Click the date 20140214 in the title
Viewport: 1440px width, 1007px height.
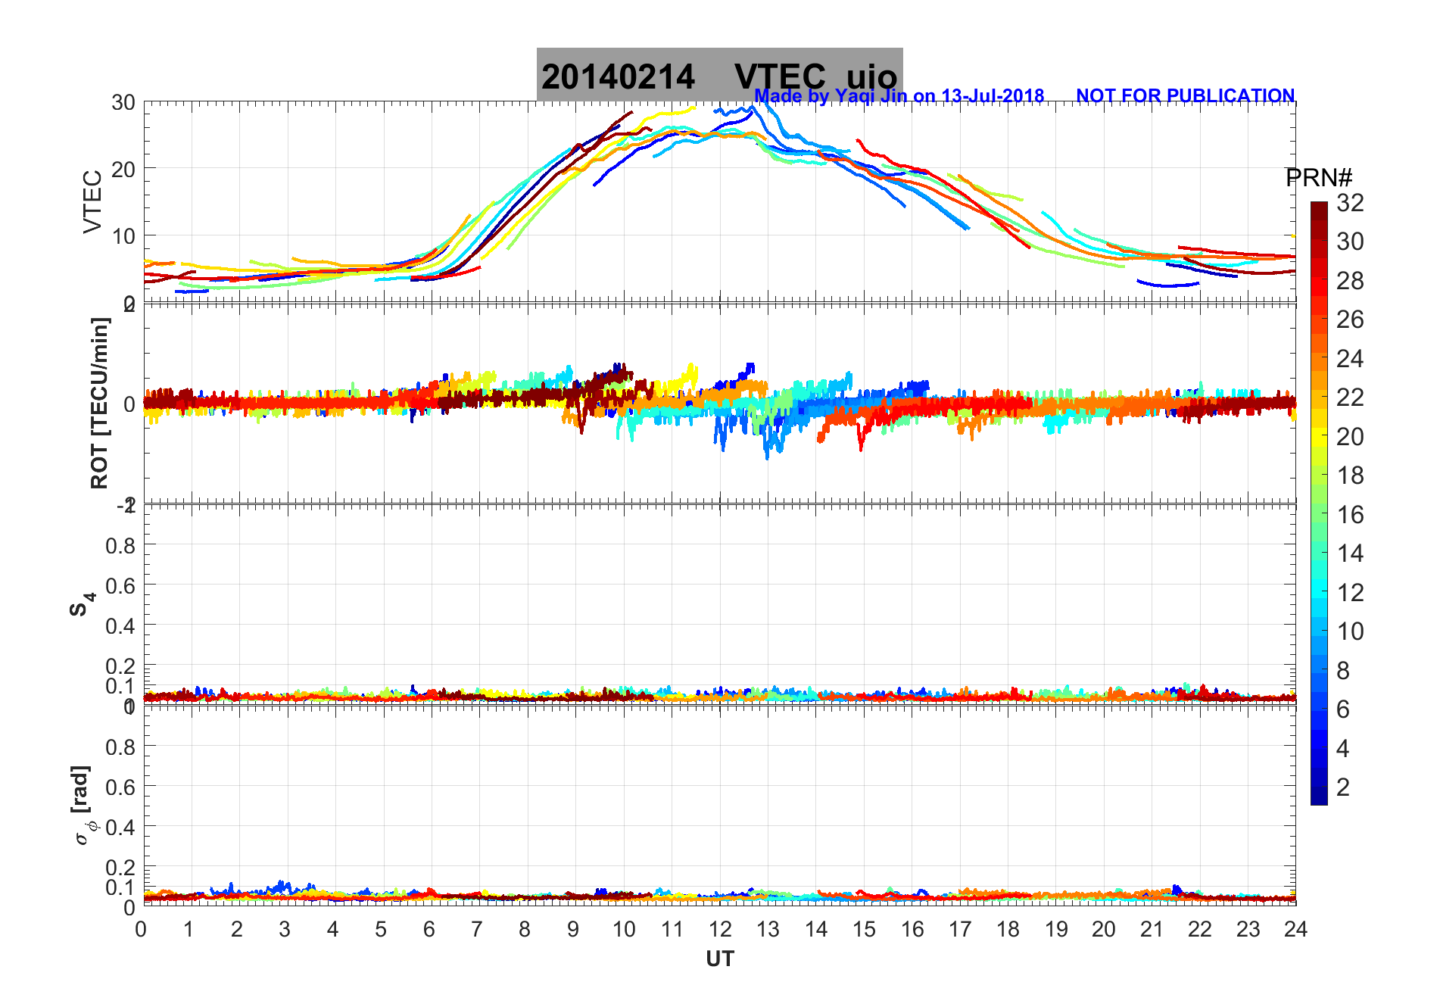click(618, 77)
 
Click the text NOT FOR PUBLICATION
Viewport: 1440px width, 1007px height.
click(1185, 96)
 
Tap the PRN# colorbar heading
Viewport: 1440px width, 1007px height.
click(1319, 178)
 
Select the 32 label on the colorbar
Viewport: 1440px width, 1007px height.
click(1350, 203)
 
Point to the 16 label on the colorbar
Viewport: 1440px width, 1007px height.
click(1350, 515)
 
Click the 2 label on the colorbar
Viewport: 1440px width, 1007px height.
click(1343, 787)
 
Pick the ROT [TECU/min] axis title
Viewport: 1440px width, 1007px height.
click(99, 403)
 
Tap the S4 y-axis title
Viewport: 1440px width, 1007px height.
click(82, 604)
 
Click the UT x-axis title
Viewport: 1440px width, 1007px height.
click(720, 959)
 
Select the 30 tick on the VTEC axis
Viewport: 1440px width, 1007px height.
click(123, 103)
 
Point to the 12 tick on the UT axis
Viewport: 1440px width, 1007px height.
click(720, 929)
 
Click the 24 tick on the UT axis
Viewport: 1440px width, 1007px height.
click(1295, 929)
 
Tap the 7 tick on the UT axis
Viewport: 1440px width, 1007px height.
click(477, 929)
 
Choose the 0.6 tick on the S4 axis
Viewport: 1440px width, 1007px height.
click(120, 586)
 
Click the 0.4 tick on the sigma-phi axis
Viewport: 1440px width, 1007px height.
click(120, 828)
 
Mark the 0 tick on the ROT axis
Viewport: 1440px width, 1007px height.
click(129, 404)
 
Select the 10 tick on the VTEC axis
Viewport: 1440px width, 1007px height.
click(123, 236)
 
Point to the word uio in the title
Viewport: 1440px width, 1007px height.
click(871, 77)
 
